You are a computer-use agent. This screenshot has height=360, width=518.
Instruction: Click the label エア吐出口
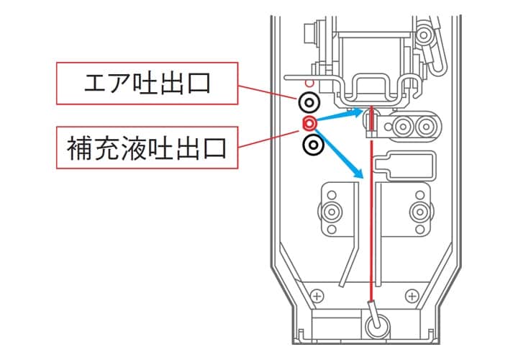[147, 84]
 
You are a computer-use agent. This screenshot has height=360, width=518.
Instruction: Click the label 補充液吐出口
[147, 149]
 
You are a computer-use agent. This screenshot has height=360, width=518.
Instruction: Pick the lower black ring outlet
[312, 145]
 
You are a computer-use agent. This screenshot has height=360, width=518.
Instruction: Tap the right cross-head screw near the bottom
[412, 295]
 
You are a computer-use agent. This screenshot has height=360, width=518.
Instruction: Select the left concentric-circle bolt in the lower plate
[332, 212]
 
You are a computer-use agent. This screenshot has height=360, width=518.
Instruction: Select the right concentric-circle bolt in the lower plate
[419, 212]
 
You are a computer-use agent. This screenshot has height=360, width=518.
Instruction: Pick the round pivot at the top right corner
[427, 34]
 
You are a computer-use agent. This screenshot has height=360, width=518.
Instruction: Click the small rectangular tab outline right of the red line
[410, 164]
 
